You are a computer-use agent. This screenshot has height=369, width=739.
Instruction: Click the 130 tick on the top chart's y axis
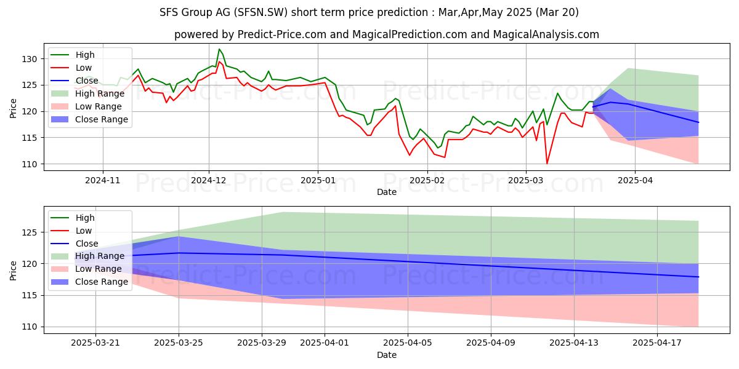click(x=31, y=59)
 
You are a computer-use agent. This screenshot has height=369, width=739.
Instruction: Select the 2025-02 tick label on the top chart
click(x=427, y=180)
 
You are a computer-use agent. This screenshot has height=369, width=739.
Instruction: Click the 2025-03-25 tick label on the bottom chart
click(x=179, y=343)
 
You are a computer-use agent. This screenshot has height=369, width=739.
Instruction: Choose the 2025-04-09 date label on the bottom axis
click(x=491, y=343)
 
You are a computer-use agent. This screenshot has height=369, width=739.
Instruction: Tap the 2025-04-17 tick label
click(x=657, y=343)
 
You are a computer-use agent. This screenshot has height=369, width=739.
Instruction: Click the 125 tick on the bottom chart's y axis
click(x=31, y=232)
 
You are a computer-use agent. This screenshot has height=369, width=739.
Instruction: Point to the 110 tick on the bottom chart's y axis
click(x=31, y=327)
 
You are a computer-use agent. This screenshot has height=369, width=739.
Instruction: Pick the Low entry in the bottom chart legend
click(x=84, y=231)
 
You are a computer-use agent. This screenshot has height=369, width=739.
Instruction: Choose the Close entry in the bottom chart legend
click(x=86, y=244)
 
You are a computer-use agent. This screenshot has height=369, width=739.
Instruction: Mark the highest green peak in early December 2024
click(x=219, y=49)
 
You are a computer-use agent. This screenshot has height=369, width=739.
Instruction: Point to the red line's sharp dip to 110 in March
click(x=547, y=163)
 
